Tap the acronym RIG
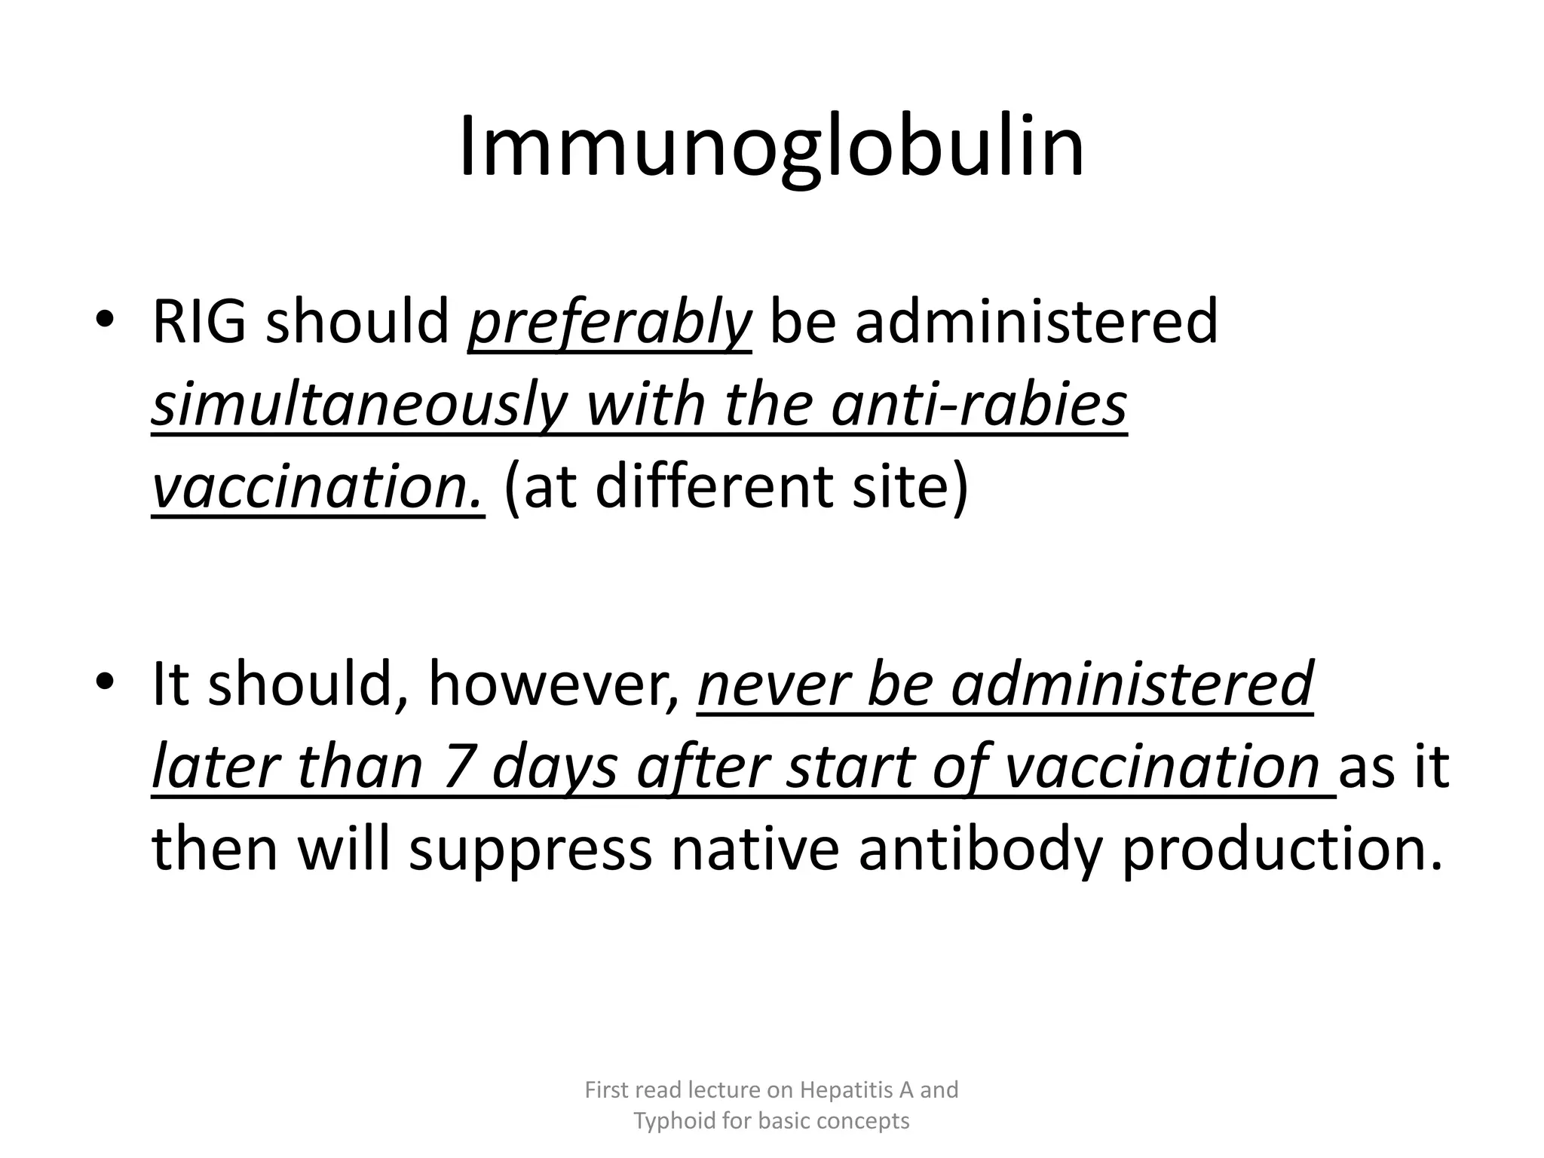click(199, 322)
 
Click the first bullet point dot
click(105, 320)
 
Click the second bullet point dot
click(105, 682)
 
